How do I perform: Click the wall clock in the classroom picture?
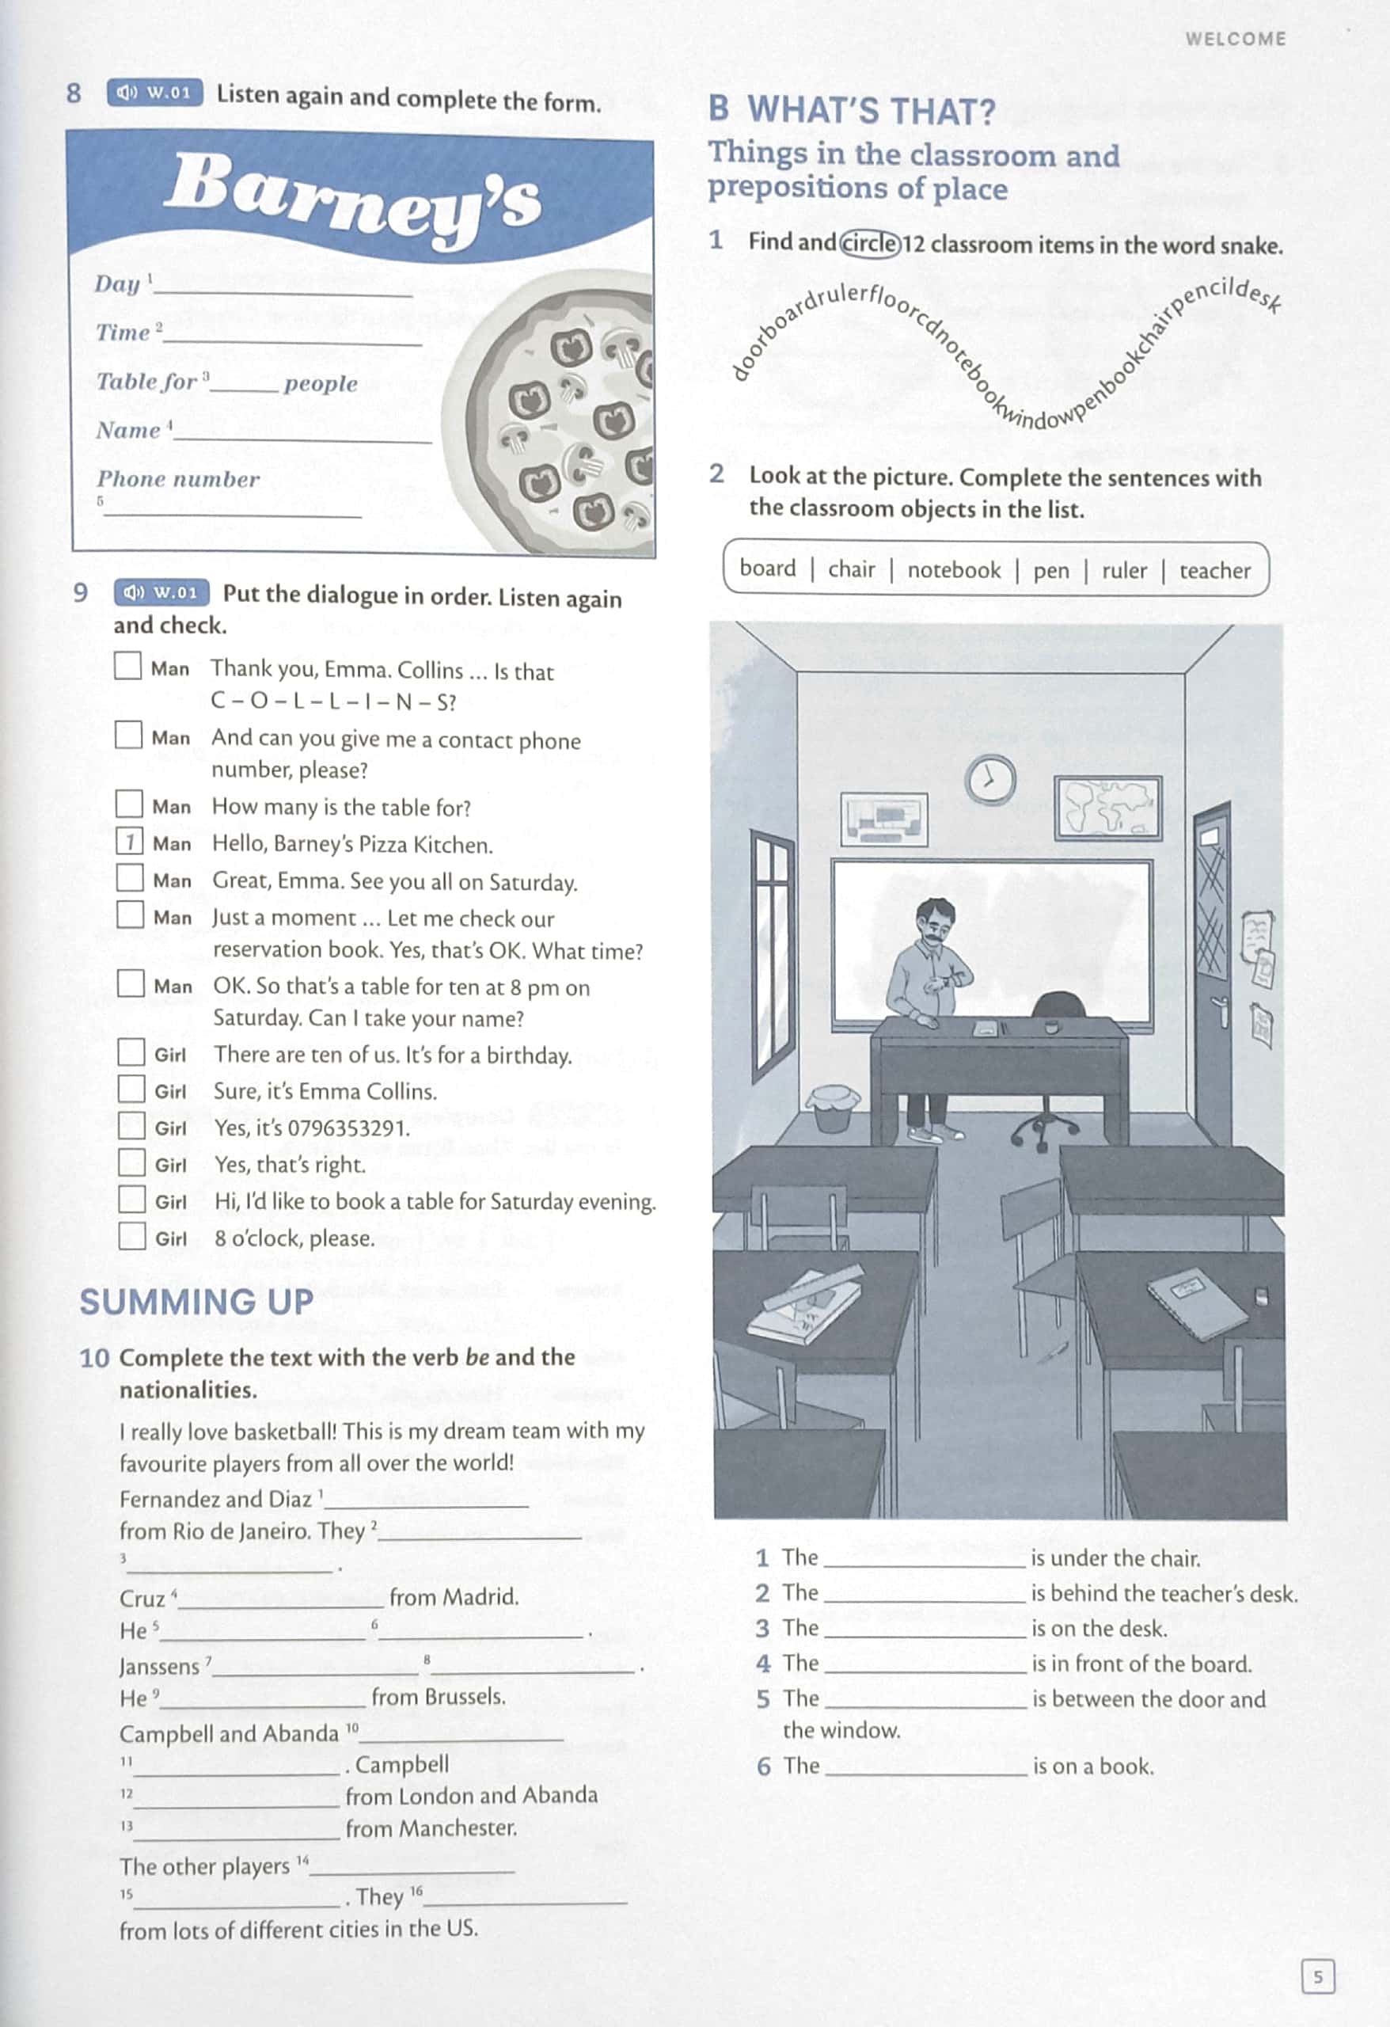click(990, 779)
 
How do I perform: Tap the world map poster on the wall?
click(1107, 808)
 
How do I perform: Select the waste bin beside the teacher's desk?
click(834, 1107)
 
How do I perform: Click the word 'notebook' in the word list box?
click(954, 570)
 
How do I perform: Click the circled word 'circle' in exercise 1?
click(869, 242)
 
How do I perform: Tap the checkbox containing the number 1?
click(130, 842)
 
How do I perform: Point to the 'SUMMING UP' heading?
click(197, 1303)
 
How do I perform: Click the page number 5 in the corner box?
click(1318, 1977)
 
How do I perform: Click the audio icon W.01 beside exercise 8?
click(154, 93)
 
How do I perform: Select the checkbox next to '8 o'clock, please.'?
click(131, 1236)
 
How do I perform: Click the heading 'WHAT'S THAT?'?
click(870, 112)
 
